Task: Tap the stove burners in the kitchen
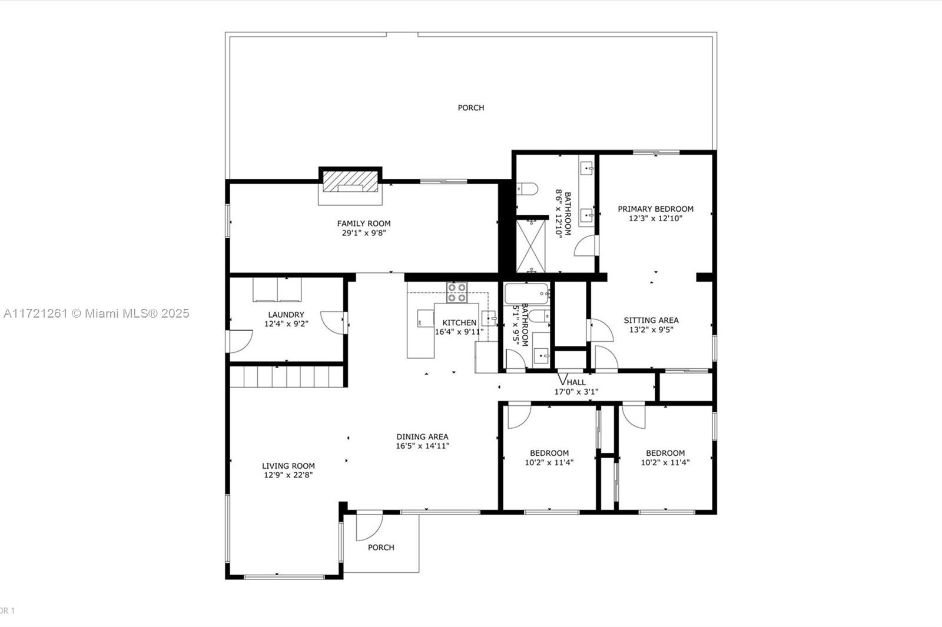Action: click(x=457, y=292)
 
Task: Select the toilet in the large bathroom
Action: click(x=527, y=189)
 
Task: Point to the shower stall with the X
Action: click(x=530, y=246)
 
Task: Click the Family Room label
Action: click(x=364, y=224)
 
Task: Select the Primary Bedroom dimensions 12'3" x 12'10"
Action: click(x=656, y=219)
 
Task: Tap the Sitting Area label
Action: click(x=651, y=320)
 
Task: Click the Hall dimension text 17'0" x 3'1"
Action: click(x=576, y=392)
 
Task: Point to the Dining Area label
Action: click(x=422, y=436)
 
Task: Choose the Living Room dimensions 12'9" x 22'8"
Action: click(x=288, y=475)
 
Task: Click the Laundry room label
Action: click(x=286, y=314)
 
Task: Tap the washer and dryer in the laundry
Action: click(x=277, y=289)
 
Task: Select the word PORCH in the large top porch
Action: click(x=471, y=108)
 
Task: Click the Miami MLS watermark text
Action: click(x=97, y=313)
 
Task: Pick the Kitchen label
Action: click(x=459, y=323)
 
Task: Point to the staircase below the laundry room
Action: click(x=286, y=376)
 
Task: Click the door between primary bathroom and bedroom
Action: click(x=586, y=245)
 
